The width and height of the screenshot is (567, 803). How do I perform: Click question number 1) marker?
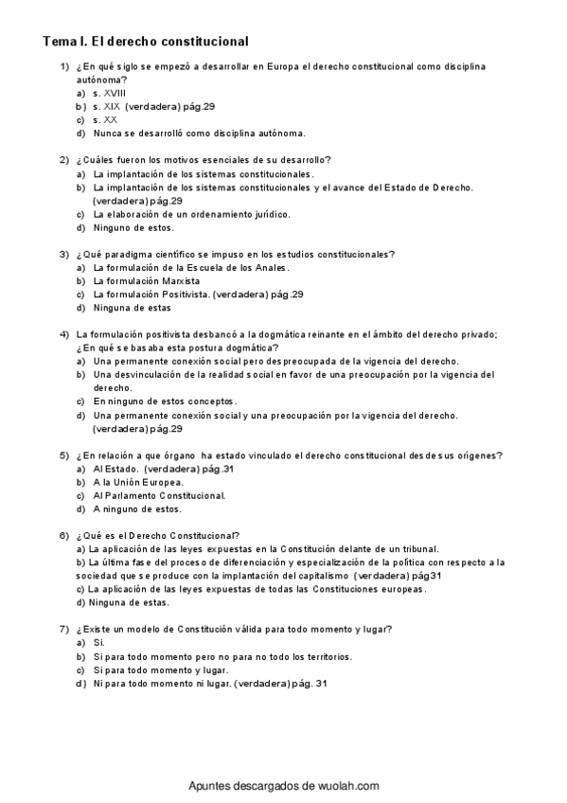tap(63, 68)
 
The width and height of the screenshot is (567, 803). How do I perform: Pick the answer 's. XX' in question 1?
tap(105, 120)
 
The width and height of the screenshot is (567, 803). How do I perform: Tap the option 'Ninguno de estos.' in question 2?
tap(133, 227)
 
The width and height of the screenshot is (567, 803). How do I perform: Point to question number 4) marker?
tap(63, 334)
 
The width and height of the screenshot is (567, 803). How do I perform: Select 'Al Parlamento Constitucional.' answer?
tap(160, 495)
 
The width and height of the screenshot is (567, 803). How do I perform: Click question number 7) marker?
tap(63, 629)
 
